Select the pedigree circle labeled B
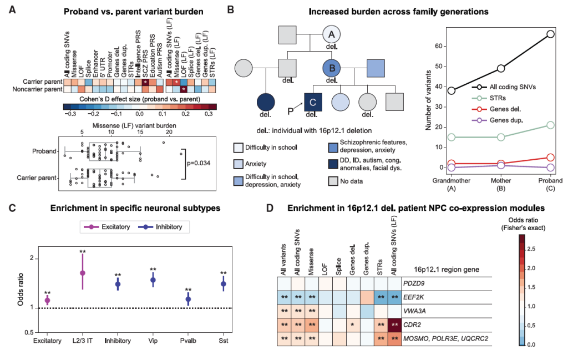pyautogui.click(x=332, y=69)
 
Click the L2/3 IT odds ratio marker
pyautogui.click(x=83, y=273)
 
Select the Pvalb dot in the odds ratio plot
pyautogui.click(x=188, y=299)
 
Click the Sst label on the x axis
pyautogui.click(x=224, y=340)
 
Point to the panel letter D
pyautogui.click(x=270, y=209)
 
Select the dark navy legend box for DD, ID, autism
pyautogui.click(x=333, y=162)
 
